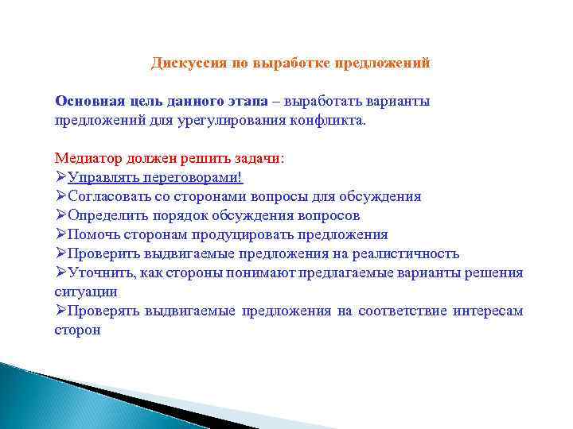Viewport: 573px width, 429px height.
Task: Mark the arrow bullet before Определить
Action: pyautogui.click(x=60, y=215)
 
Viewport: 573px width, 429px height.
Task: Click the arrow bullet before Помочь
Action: pyautogui.click(x=60, y=234)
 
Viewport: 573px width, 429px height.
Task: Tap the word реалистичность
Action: pyautogui.click(x=405, y=253)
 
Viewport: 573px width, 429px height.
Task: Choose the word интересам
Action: pyautogui.click(x=488, y=311)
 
